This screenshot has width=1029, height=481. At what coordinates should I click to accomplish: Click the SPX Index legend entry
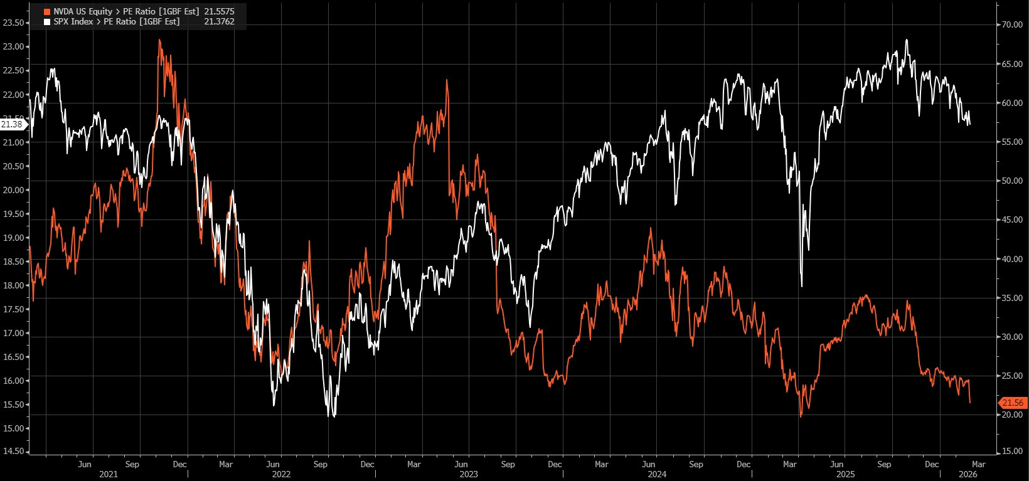(x=116, y=21)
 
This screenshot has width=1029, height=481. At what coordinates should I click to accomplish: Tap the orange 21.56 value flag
(x=1013, y=403)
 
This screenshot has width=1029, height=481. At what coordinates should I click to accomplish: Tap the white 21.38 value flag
(x=12, y=124)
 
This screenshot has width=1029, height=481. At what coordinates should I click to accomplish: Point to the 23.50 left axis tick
(x=14, y=23)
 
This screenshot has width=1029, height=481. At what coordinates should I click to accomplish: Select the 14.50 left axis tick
(x=14, y=452)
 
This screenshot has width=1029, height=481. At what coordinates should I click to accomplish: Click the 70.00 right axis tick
(x=1013, y=24)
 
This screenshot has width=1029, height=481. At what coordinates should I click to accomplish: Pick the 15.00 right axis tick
(x=1013, y=452)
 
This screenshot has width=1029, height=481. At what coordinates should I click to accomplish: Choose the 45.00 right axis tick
(x=1013, y=219)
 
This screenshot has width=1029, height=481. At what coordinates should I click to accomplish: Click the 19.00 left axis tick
(x=14, y=238)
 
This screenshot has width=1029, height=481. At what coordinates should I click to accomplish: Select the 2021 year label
(x=109, y=475)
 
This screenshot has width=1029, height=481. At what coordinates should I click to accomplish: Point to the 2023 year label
(x=469, y=475)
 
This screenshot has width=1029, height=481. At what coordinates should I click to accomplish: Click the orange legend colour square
(x=47, y=12)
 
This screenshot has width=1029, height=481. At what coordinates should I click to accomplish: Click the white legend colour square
(x=47, y=22)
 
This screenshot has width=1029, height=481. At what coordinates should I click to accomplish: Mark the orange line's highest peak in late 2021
(x=159, y=40)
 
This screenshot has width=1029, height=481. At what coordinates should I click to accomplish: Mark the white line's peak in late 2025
(x=907, y=40)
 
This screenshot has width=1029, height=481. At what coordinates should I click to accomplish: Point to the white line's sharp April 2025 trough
(x=802, y=287)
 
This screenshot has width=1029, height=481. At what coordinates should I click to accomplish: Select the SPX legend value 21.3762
(x=220, y=21)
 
